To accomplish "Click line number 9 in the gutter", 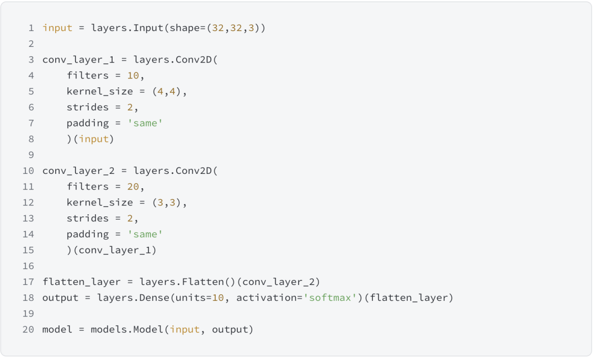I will [x=31, y=155].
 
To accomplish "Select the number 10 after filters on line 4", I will [x=133, y=76].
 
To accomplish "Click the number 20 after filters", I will [x=133, y=187].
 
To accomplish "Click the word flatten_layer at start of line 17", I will [x=81, y=282].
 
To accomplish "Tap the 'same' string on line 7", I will [x=145, y=123].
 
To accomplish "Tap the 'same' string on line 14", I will [x=145, y=234].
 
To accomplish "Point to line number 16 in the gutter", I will [x=28, y=266].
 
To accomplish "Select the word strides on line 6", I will [x=88, y=107].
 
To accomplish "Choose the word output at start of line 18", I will [x=60, y=298].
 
